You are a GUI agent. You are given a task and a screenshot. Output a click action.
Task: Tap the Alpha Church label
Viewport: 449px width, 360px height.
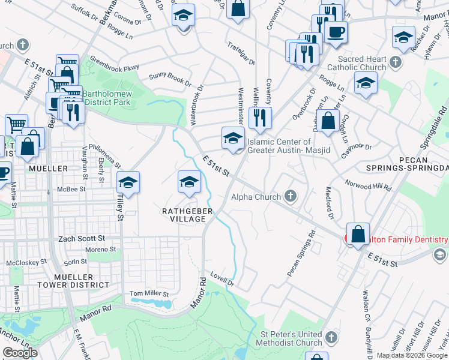click(256, 197)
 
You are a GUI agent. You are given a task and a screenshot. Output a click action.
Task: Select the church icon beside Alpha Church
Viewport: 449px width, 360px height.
click(291, 196)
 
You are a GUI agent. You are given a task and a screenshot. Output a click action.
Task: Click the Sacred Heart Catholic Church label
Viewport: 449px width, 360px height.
click(361, 63)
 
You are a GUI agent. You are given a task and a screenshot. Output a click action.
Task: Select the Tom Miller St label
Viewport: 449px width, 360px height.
click(149, 294)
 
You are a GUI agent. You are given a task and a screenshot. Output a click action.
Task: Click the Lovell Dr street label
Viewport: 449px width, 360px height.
click(221, 280)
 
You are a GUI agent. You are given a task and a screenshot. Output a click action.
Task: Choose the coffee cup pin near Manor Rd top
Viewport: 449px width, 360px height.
click(336, 31)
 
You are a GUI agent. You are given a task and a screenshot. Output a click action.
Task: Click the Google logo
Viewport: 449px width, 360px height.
click(20, 353)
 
